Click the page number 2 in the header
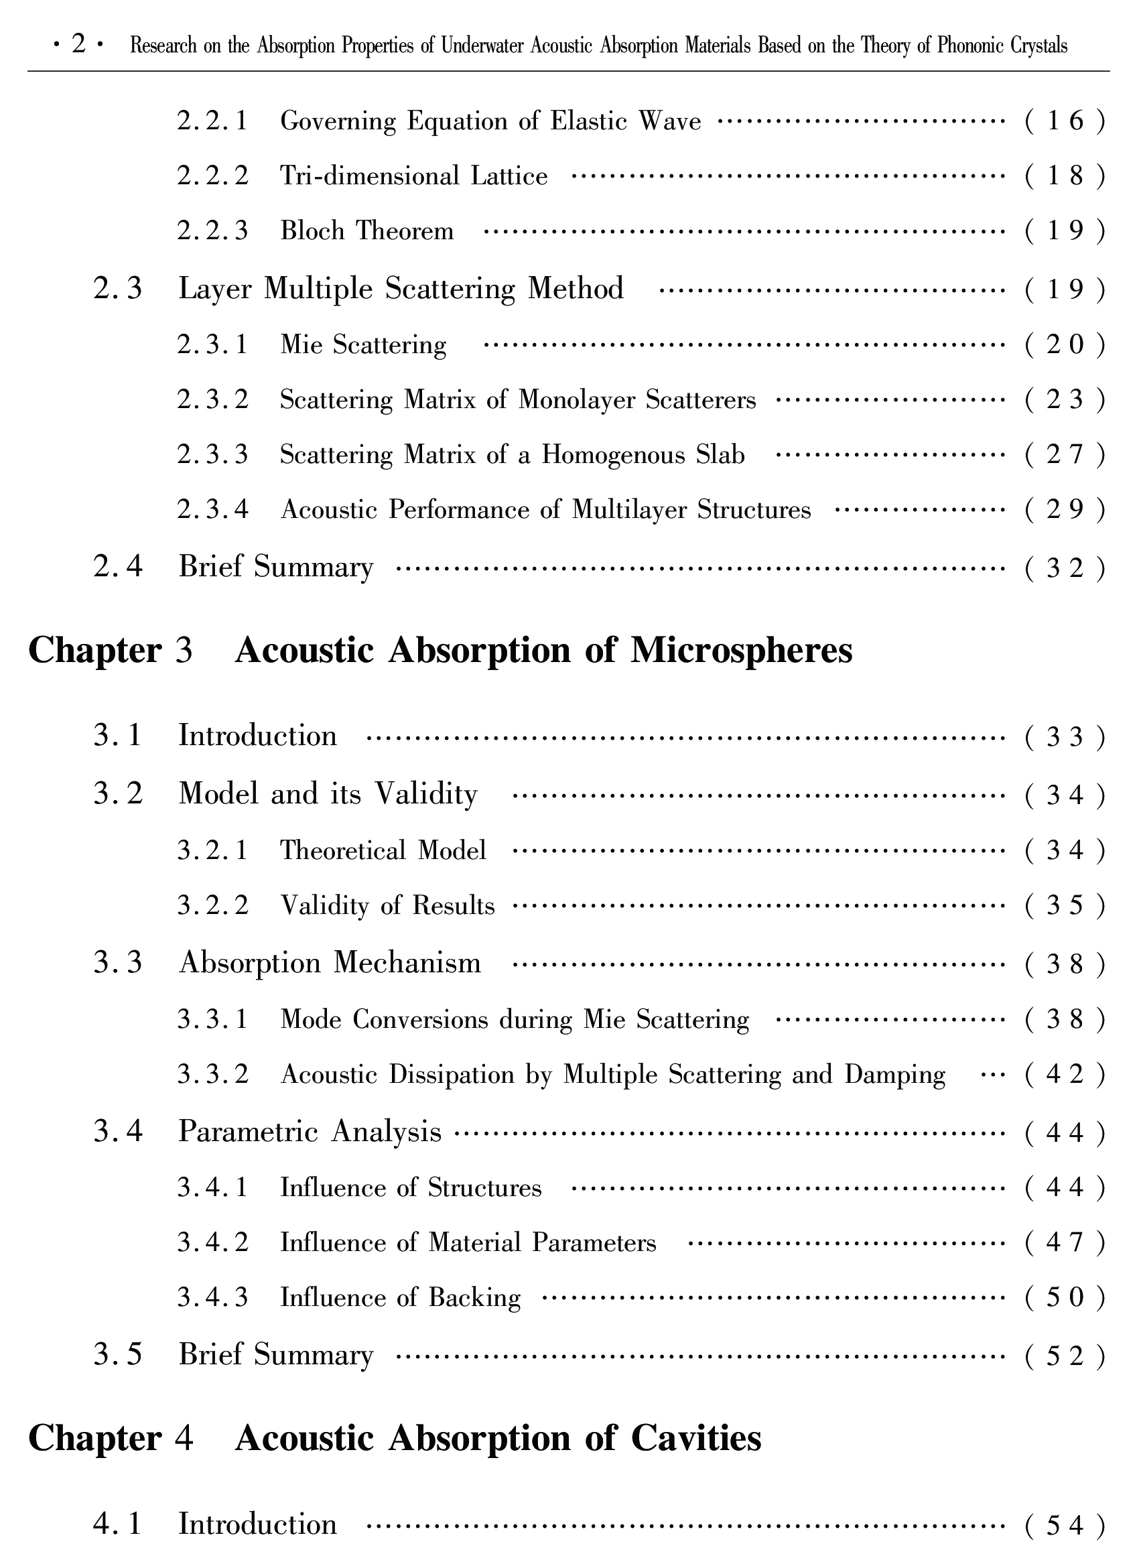tap(78, 45)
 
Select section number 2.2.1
tap(212, 121)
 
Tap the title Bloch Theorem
tap(366, 231)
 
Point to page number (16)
tap(1065, 121)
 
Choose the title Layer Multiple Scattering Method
tap(401, 289)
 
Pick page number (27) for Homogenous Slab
tap(1065, 455)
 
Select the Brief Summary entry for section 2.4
tap(275, 568)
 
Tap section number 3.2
tap(118, 794)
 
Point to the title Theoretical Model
tap(383, 850)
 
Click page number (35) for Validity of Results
tap(1065, 906)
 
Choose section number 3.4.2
tap(212, 1243)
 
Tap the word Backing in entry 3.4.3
tap(474, 1298)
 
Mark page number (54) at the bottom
tap(1065, 1524)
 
